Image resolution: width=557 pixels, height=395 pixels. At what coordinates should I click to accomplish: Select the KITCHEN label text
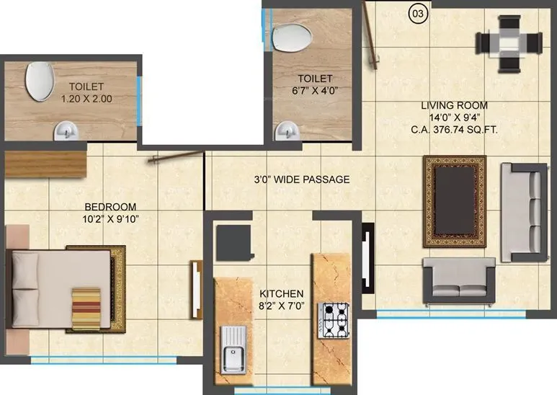[x=282, y=294]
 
